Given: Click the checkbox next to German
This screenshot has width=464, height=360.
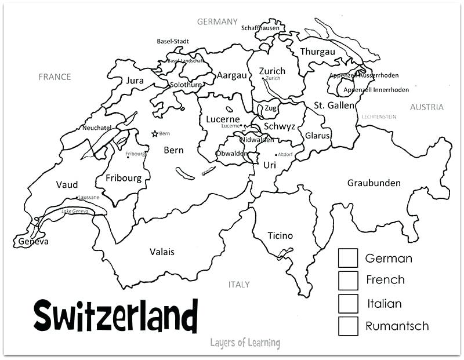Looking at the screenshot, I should pyautogui.click(x=348, y=258).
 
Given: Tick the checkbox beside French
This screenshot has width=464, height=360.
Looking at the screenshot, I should pyautogui.click(x=348, y=280).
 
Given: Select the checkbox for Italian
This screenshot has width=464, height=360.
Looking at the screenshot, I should pyautogui.click(x=348, y=303).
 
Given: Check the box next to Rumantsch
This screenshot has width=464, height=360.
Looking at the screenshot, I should pyautogui.click(x=348, y=326).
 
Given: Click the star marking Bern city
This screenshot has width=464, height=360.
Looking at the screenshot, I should pyautogui.click(x=154, y=133).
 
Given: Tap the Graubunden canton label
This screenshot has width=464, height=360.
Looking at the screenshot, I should pyautogui.click(x=374, y=183).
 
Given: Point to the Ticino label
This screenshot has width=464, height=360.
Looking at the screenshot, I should pyautogui.click(x=280, y=235).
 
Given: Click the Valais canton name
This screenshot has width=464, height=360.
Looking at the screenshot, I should pyautogui.click(x=162, y=252).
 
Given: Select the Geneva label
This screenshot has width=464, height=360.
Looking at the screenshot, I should pyautogui.click(x=33, y=241).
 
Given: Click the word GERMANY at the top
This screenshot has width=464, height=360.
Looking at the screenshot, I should pyautogui.click(x=217, y=22).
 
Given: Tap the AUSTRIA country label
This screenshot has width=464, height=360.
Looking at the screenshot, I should pyautogui.click(x=426, y=107).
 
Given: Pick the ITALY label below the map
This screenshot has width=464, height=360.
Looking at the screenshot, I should pyautogui.click(x=239, y=285).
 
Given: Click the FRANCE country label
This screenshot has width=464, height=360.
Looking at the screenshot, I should pyautogui.click(x=55, y=77).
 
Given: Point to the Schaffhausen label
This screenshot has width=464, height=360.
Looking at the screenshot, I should pyautogui.click(x=260, y=28).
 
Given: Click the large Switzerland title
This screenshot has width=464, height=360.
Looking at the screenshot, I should pyautogui.click(x=115, y=317).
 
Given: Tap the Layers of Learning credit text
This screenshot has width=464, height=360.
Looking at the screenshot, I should pyautogui.click(x=245, y=343).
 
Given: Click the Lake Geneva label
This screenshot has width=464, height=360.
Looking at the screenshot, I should pyautogui.click(x=75, y=211).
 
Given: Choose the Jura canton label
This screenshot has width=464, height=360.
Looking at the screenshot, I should pyautogui.click(x=135, y=81).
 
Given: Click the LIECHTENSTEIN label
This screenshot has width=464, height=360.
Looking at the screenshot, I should pyautogui.click(x=379, y=117).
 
